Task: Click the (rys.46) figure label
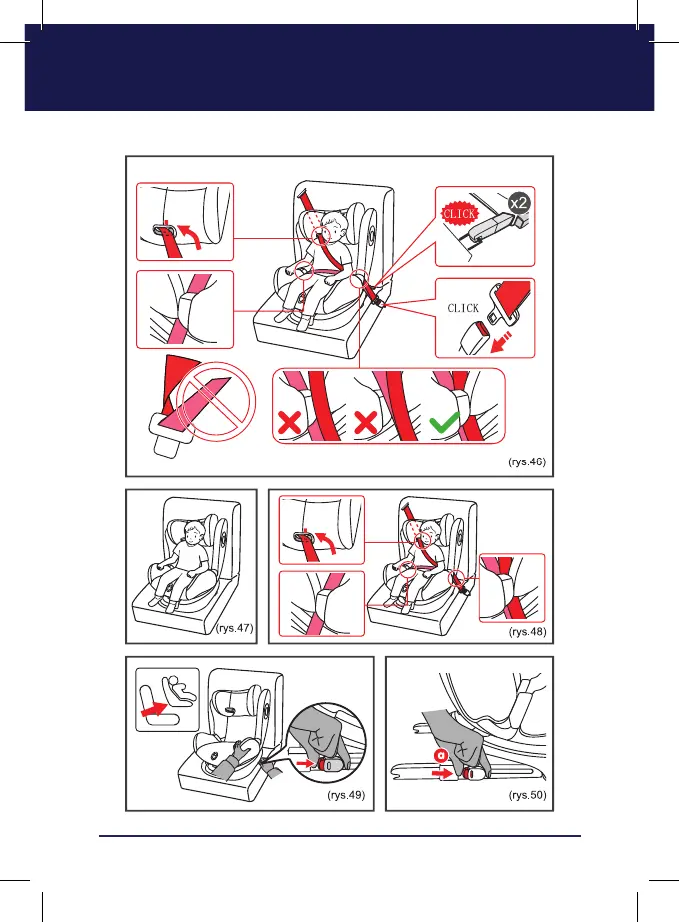[527, 462]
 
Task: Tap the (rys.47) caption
[235, 628]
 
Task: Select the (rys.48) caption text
[528, 632]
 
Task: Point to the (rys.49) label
[346, 795]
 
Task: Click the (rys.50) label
[528, 795]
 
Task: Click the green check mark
[444, 422]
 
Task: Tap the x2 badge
[519, 204]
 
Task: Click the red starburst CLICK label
[460, 214]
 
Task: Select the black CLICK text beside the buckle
[463, 308]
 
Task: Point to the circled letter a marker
[441, 755]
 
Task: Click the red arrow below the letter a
[442, 773]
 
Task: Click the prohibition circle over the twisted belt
[216, 401]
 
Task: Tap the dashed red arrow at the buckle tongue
[501, 343]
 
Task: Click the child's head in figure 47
[193, 533]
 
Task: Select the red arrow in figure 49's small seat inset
[155, 708]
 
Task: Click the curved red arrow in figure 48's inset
[327, 542]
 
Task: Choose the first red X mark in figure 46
[289, 423]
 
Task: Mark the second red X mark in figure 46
[366, 423]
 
